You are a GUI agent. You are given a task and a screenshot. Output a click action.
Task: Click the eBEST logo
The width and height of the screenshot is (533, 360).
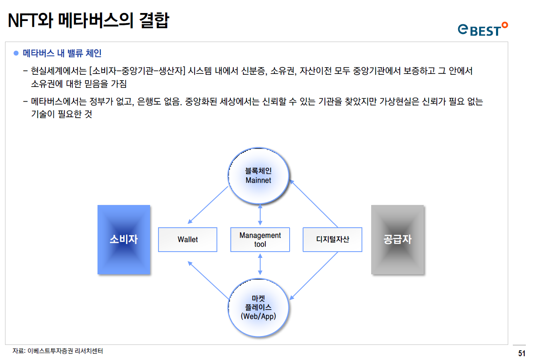483,29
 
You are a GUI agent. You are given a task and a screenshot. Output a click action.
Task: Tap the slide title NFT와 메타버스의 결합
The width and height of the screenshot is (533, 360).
88,20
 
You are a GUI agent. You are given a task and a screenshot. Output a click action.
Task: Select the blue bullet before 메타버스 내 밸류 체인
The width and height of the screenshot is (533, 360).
16,53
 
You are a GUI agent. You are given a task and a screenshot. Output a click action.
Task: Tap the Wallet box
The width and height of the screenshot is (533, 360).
187,239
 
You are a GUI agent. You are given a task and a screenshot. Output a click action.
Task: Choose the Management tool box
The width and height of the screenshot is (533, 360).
260,239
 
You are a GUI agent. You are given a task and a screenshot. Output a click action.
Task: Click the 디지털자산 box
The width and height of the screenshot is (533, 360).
332,239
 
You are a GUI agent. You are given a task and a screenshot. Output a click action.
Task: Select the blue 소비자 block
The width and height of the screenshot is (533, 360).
124,239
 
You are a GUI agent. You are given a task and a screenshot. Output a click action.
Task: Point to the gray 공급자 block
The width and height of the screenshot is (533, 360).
397,239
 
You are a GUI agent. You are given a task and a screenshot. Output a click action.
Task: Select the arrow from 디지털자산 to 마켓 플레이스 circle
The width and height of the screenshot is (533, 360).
314,276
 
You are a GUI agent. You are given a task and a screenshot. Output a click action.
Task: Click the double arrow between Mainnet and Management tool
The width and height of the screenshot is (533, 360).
260,215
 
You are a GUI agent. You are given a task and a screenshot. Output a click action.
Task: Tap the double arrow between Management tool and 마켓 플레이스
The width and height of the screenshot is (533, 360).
260,264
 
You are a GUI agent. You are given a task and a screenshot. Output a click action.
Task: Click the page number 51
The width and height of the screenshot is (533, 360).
522,353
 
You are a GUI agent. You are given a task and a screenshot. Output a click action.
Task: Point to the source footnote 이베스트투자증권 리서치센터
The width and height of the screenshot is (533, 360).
58,351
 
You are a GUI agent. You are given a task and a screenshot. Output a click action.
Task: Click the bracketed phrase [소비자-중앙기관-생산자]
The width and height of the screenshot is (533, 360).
137,71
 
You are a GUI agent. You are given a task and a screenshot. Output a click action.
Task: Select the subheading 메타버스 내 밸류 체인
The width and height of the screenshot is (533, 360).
62,53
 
